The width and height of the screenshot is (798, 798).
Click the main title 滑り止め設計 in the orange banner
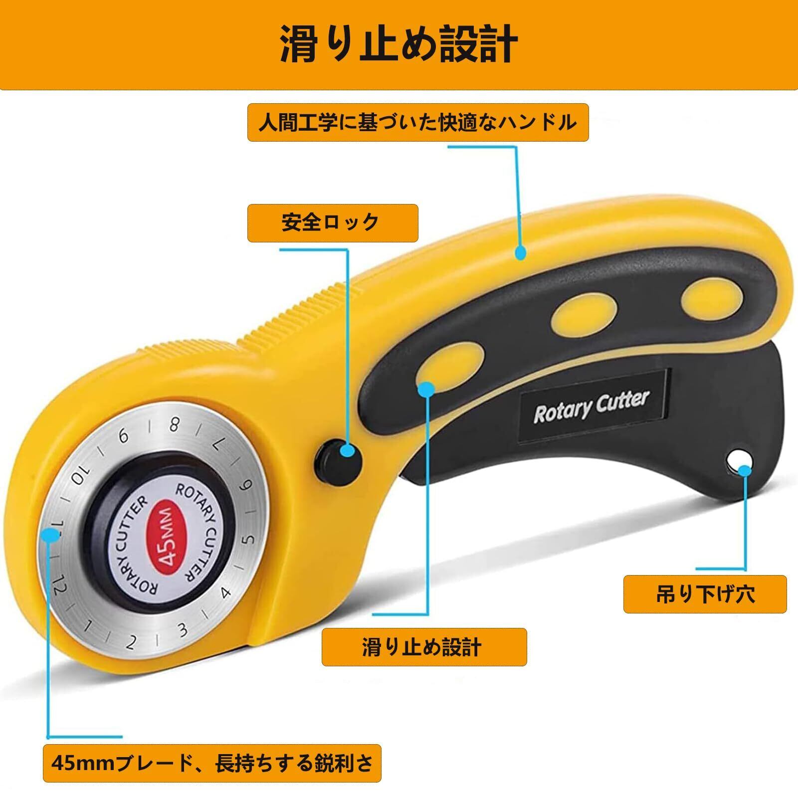click(399, 45)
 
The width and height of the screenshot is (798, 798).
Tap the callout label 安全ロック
click(332, 222)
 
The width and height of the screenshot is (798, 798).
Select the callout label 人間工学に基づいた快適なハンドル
click(418, 123)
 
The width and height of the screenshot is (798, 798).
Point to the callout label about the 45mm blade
click(212, 777)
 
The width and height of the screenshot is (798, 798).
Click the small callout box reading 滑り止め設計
click(424, 647)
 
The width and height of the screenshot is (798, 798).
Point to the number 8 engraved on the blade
click(174, 425)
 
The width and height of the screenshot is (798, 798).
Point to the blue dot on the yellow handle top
click(520, 253)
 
